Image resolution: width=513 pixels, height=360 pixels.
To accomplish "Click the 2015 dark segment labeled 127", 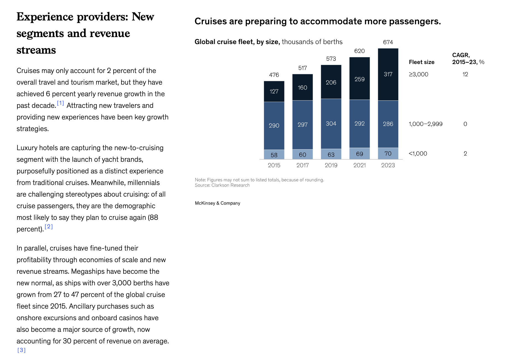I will tap(274, 92).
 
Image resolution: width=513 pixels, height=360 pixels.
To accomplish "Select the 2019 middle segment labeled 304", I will tap(331, 124).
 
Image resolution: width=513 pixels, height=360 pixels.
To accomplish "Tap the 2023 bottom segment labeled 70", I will tap(388, 153).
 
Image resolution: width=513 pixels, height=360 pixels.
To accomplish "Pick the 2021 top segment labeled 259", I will tap(359, 79).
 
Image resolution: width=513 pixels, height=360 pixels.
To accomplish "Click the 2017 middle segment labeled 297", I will tap(302, 125).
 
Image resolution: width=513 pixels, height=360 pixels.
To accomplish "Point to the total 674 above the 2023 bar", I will tap(388, 42).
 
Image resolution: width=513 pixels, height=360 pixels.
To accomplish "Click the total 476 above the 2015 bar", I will tap(274, 75).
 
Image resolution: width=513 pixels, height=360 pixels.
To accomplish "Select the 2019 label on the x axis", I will tap(331, 165).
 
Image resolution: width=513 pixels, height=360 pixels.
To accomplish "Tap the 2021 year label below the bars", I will tap(359, 165).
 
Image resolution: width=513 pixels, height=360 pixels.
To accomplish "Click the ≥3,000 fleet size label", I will tap(418, 74).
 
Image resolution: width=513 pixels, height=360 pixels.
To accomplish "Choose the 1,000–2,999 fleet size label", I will tap(425, 124).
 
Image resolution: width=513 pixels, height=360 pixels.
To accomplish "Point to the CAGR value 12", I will tap(465, 74).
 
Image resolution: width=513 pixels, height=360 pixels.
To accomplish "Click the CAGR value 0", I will tap(465, 124).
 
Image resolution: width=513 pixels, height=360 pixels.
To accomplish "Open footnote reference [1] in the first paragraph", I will tap(61, 103).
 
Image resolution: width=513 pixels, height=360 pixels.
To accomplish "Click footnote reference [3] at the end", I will tap(21, 350).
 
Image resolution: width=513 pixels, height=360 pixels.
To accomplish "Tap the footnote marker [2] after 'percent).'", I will tap(49, 227).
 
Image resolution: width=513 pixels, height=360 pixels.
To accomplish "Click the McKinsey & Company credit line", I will tap(218, 203).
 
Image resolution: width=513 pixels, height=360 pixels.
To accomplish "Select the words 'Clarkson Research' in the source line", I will tap(230, 185).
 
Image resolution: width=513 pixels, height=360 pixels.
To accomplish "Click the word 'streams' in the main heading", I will tap(36, 50).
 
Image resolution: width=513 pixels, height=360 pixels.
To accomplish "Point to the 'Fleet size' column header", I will tap(422, 62).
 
